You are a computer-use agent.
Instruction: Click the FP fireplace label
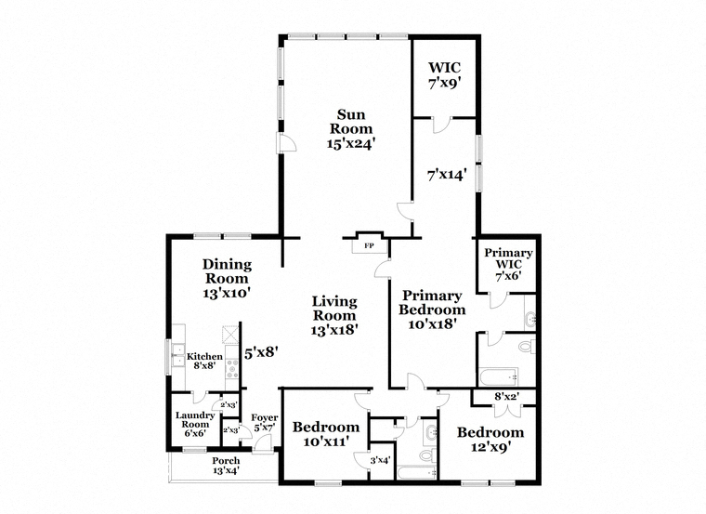coord(369,246)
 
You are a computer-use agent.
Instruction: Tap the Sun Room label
coord(351,128)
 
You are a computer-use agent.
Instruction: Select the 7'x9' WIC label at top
coord(445,75)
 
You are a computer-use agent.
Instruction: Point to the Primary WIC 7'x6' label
coord(508,264)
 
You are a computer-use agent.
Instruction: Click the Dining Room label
coord(227,279)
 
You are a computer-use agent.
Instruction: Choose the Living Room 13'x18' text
coord(334,315)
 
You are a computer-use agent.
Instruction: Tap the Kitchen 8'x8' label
coord(205,361)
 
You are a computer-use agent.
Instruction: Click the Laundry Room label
coord(195,425)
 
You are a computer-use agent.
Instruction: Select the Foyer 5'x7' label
coord(265,423)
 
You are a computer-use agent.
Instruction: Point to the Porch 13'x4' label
coord(226,466)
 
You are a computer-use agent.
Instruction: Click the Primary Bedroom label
coord(432,310)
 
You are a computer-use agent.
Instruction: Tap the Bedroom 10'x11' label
coord(326,434)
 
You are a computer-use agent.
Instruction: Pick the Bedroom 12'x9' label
coord(490,440)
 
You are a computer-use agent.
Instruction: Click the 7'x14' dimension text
coord(446,175)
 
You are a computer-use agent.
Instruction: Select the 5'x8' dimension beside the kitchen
coord(261,352)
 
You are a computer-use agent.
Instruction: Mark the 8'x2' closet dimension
coord(507,397)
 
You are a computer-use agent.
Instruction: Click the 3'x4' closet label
coord(380,460)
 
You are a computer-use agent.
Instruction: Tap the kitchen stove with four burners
coord(232,368)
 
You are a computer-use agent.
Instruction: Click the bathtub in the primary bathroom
coord(499,376)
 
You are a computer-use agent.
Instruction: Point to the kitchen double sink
coord(177,354)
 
